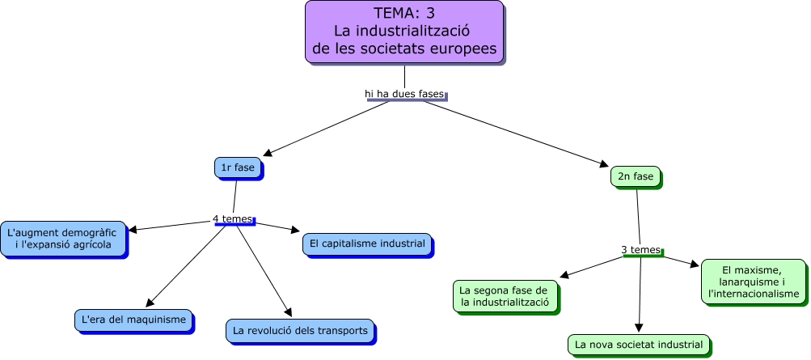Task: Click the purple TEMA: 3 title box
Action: [x=404, y=32]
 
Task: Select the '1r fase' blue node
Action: [x=237, y=167]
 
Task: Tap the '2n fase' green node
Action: [x=636, y=176]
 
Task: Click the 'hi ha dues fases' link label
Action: [x=404, y=94]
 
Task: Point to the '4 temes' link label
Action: [x=232, y=218]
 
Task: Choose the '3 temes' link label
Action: [x=641, y=250]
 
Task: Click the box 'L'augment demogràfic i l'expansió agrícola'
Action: [x=63, y=239]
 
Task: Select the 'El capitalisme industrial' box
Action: [x=367, y=244]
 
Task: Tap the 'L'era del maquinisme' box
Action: [x=133, y=320]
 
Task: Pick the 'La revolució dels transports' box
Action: [x=300, y=330]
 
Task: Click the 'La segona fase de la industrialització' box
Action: [x=505, y=296]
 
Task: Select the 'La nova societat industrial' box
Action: [x=639, y=344]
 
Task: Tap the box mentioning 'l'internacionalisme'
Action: [x=754, y=282]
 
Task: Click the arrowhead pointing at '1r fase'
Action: [x=269, y=151]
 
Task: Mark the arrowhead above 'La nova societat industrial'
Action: [x=639, y=328]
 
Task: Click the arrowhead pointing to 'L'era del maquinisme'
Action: [x=149, y=303]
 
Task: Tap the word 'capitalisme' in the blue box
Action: [x=354, y=244]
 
